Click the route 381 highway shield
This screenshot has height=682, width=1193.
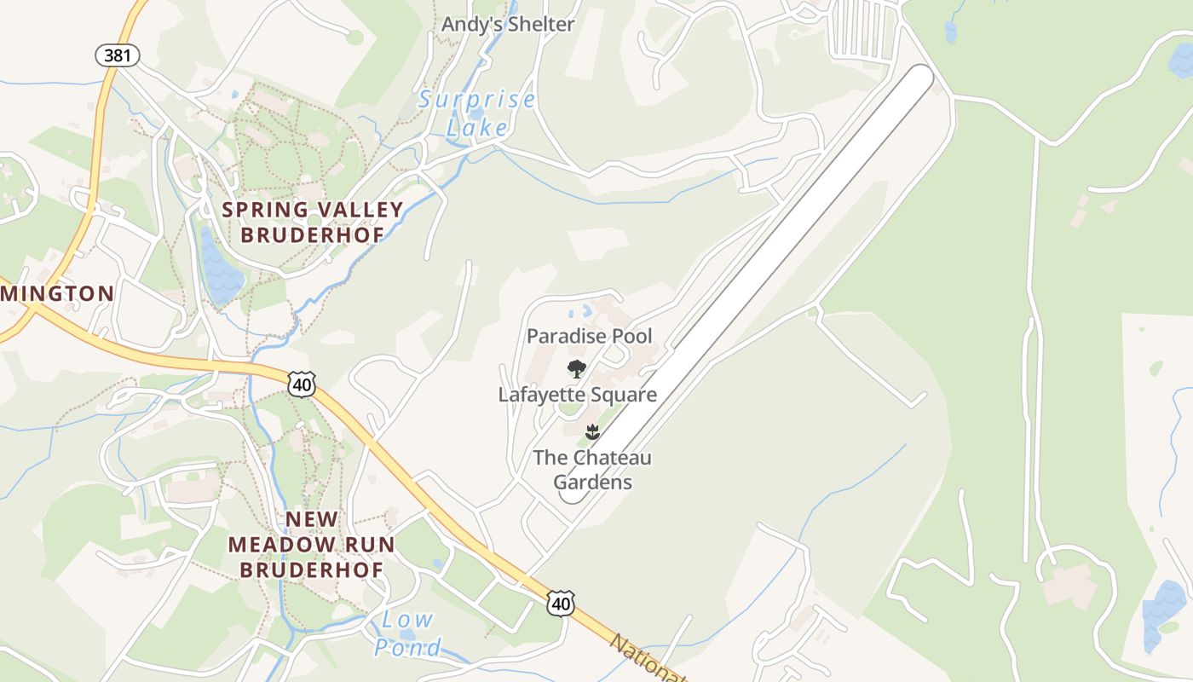pyautogui.click(x=117, y=56)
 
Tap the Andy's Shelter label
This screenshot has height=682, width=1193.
pyautogui.click(x=508, y=24)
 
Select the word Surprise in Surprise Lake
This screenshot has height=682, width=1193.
pyautogui.click(x=476, y=101)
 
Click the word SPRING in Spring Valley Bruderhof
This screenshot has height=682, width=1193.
pyautogui.click(x=264, y=210)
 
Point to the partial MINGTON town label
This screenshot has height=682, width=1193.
pyautogui.click(x=57, y=294)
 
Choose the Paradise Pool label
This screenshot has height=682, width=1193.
pyautogui.click(x=589, y=336)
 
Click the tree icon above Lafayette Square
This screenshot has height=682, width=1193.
pyautogui.click(x=577, y=369)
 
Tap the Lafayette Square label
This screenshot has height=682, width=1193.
pyautogui.click(x=577, y=395)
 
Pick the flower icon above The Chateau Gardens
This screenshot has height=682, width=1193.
pyautogui.click(x=592, y=432)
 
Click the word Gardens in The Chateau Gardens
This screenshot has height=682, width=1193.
pyautogui.click(x=592, y=483)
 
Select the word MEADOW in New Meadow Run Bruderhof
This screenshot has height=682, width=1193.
pyautogui.click(x=274, y=545)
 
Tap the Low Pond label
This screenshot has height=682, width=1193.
pyautogui.click(x=408, y=633)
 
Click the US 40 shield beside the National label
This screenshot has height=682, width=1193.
pyautogui.click(x=560, y=604)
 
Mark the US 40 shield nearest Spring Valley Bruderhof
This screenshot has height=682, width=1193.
pyautogui.click(x=301, y=384)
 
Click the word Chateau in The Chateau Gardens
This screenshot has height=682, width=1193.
pyautogui.click(x=611, y=458)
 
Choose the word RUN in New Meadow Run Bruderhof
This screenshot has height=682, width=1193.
pyautogui.click(x=372, y=545)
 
